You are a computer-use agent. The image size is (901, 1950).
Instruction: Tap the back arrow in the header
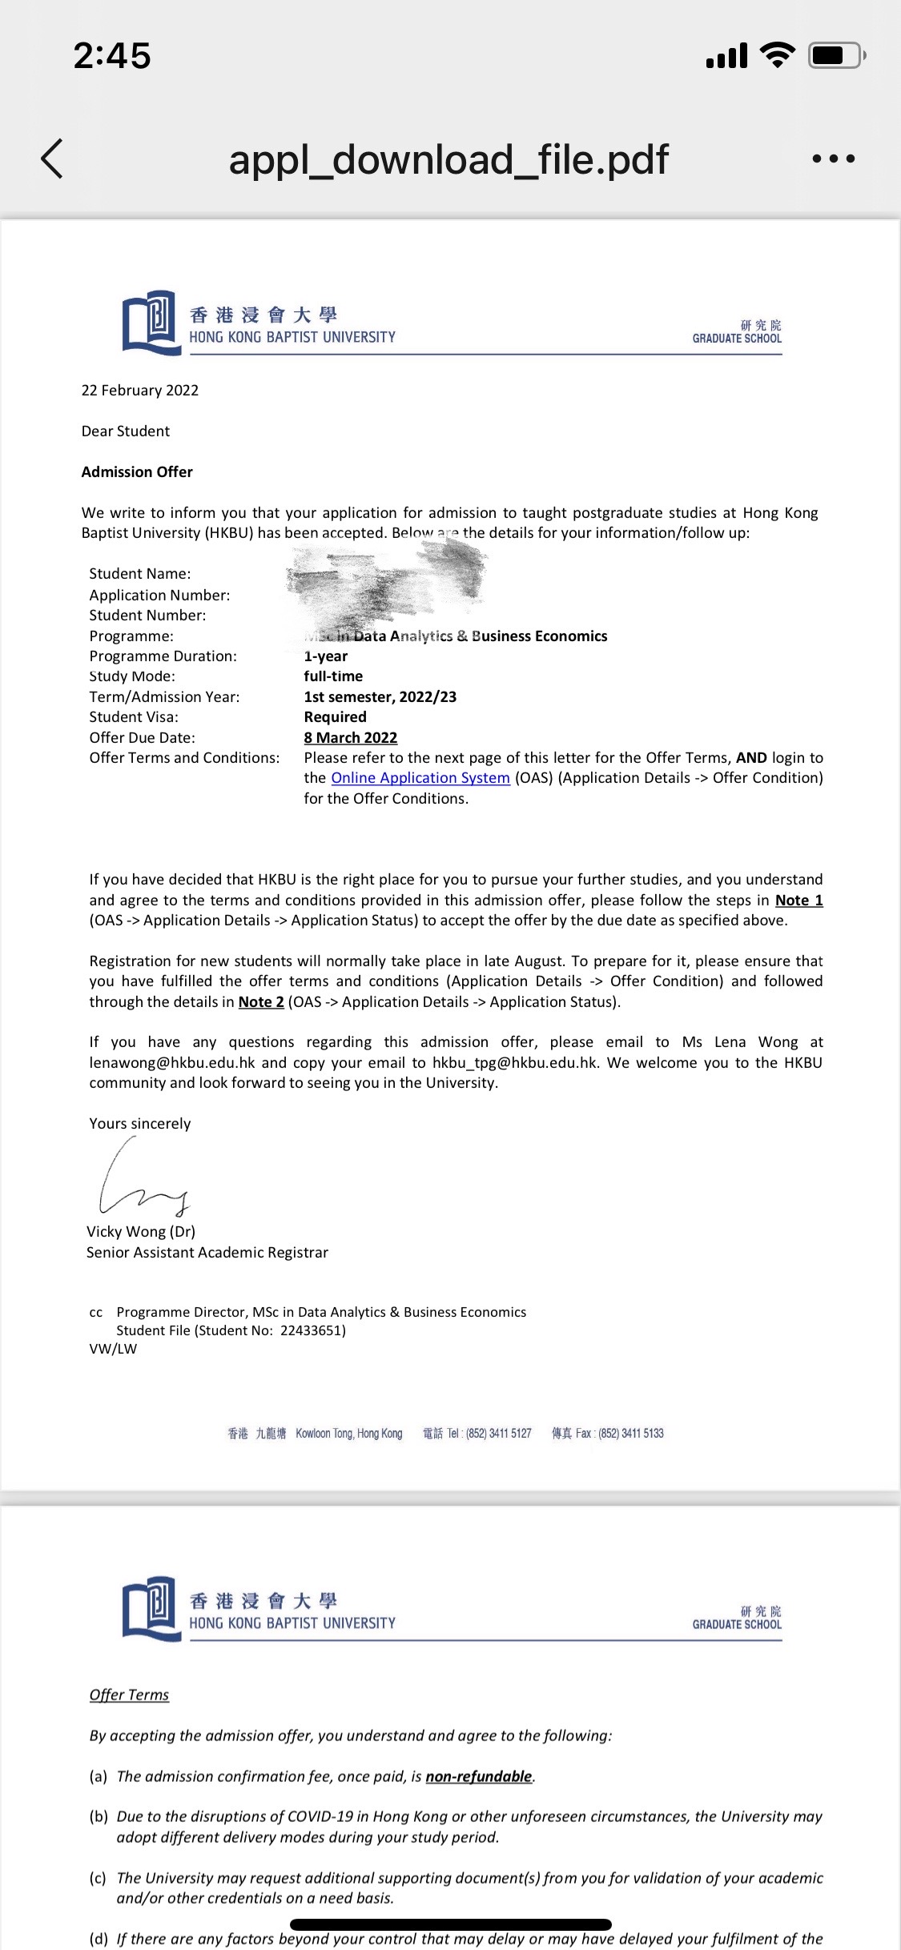(52, 158)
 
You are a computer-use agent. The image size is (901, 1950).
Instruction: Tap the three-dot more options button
(833, 158)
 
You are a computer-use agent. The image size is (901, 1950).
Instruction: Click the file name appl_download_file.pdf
(448, 159)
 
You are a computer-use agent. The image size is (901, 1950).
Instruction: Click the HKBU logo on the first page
(151, 322)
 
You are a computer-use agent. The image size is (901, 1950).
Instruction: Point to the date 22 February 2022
(140, 391)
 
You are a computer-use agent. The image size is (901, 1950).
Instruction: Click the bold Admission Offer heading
(137, 472)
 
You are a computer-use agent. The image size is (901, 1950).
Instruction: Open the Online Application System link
(420, 778)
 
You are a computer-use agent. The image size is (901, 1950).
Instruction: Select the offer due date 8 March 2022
(351, 738)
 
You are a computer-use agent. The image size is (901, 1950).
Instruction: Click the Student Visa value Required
(335, 717)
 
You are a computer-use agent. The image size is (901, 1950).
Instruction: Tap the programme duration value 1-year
(326, 656)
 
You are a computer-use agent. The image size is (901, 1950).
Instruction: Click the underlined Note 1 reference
(798, 901)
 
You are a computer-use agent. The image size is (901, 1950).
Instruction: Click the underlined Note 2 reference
(261, 1002)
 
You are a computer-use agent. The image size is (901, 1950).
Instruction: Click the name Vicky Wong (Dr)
(141, 1232)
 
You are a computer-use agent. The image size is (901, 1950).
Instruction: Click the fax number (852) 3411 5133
(631, 1433)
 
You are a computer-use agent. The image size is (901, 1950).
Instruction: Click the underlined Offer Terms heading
(129, 1695)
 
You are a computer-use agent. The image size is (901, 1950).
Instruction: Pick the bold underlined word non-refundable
(479, 1776)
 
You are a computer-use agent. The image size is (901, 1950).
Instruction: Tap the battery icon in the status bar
(836, 55)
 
